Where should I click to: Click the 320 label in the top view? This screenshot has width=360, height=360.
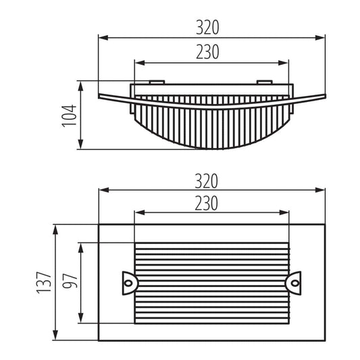tap(207, 28)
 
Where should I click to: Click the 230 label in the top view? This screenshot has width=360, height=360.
tap(207, 52)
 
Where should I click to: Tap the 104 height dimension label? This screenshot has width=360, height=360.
tap(69, 116)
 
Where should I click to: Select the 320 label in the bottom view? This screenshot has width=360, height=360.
tap(207, 181)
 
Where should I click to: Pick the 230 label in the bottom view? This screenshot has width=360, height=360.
tap(207, 203)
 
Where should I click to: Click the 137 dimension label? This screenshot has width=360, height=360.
tap(44, 282)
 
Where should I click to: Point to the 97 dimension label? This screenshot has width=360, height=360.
tap(70, 281)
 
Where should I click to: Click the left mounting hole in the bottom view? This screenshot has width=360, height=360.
tap(128, 283)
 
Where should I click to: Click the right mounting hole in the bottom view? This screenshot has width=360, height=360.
tap(294, 283)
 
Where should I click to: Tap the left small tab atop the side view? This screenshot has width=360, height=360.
tap(157, 82)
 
